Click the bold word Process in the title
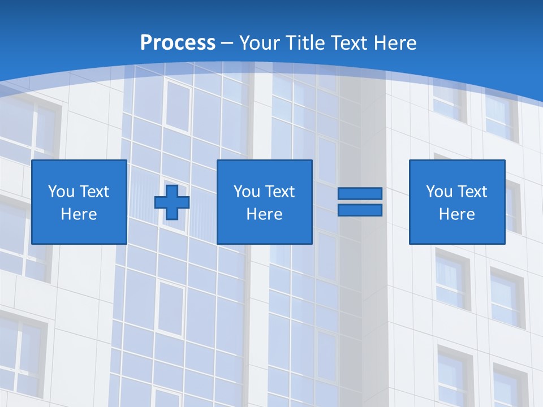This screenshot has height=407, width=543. pyautogui.click(x=178, y=43)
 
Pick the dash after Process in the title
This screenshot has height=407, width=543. pyautogui.click(x=227, y=44)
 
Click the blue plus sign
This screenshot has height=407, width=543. pyautogui.click(x=172, y=202)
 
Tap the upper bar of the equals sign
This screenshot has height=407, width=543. pyautogui.click(x=360, y=194)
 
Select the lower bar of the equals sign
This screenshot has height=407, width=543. pyautogui.click(x=360, y=210)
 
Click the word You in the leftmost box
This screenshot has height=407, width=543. pyautogui.click(x=61, y=192)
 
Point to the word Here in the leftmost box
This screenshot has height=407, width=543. pyautogui.click(x=79, y=214)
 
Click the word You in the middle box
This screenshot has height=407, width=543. pyautogui.click(x=247, y=192)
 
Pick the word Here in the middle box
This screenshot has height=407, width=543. pyautogui.click(x=264, y=214)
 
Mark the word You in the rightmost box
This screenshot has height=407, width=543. pyautogui.click(x=439, y=192)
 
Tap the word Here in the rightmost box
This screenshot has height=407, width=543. pyautogui.click(x=457, y=214)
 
